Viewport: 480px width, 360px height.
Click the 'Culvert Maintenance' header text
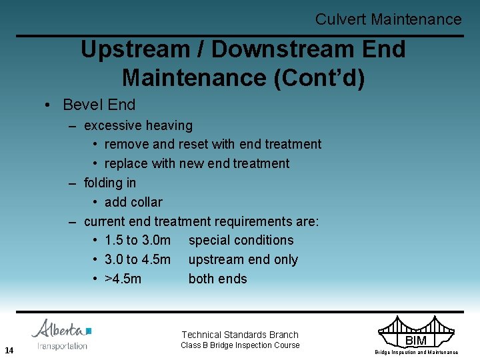pos(388,19)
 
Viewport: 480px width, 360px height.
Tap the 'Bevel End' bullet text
pos(99,105)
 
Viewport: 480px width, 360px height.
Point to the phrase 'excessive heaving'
pos(138,125)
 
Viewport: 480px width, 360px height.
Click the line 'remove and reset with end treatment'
pos(213,144)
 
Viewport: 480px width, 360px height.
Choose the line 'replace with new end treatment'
pos(197,163)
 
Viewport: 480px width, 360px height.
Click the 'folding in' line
pos(110,183)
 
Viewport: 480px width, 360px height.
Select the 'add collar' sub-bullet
pos(133,202)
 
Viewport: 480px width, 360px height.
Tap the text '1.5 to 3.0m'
pos(137,240)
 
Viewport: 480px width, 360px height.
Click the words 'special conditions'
pos(241,240)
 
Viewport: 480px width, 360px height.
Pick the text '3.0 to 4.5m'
pos(137,259)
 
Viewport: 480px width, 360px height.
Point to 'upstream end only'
pos(243,259)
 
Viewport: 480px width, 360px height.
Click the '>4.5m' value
pos(123,279)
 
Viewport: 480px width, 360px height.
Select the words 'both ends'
pos(217,279)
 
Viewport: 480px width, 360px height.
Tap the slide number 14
pos(9,350)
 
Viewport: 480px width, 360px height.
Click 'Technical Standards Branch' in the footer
pos(240,335)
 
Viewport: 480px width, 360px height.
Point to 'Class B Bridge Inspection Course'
pos(240,345)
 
